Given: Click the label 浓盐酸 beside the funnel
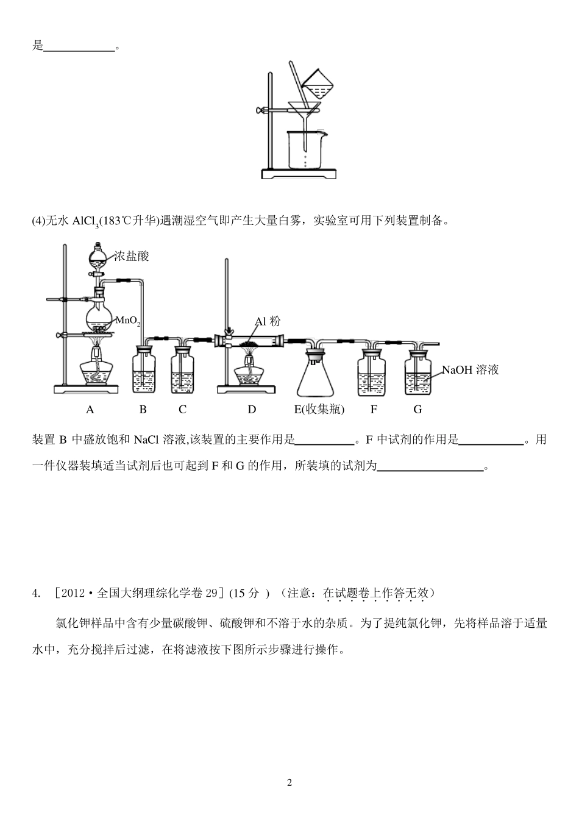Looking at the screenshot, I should coord(132,257).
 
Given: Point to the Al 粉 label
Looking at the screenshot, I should coord(268,322).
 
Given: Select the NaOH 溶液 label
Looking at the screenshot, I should coord(470,369).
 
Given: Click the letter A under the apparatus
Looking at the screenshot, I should coord(90,410).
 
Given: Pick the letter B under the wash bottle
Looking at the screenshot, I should coord(143,410).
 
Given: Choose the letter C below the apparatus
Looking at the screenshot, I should coord(182,410).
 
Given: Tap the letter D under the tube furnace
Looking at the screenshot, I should coord(252,410).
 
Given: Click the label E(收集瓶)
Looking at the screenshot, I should coord(319,410).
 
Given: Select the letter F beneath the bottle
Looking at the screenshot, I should coord(374,410).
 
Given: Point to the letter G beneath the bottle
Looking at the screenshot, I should coord(417,410).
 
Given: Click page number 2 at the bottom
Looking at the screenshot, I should coord(289,783).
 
